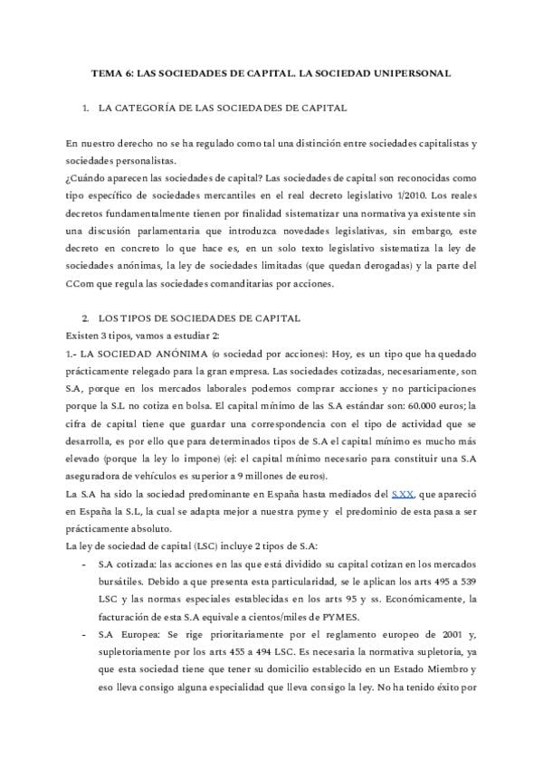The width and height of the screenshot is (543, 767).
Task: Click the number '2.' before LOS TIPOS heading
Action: [x=86, y=319]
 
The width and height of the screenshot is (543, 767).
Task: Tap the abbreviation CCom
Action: [x=80, y=284]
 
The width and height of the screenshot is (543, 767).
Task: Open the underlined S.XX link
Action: [x=402, y=493]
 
